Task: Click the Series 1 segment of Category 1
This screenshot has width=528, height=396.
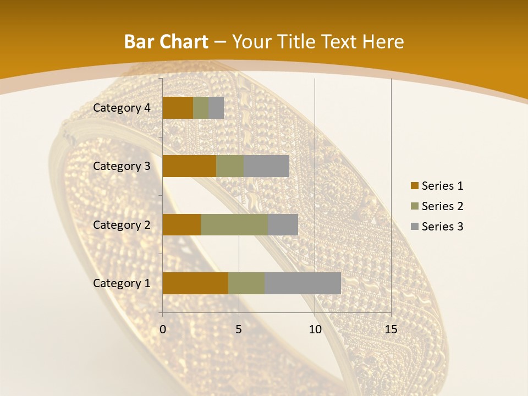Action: (195, 283)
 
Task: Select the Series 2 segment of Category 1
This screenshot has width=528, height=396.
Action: (246, 283)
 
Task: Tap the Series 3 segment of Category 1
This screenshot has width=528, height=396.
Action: (302, 283)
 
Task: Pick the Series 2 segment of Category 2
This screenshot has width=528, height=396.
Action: (234, 224)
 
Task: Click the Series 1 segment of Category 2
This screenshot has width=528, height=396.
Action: (182, 224)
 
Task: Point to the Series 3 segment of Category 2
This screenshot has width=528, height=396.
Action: (283, 224)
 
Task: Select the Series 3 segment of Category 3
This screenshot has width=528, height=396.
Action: (266, 166)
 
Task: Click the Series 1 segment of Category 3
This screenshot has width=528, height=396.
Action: (189, 166)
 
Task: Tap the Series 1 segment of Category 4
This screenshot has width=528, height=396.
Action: (178, 108)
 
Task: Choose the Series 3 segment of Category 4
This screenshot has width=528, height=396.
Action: (216, 108)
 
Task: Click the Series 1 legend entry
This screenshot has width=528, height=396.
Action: (437, 186)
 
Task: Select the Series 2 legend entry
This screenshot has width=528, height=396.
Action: (437, 206)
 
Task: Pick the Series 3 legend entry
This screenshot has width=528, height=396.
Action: (437, 227)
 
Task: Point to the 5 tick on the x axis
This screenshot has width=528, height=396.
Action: (239, 329)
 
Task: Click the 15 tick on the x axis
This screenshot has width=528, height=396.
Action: (391, 329)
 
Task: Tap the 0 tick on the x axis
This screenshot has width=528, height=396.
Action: (163, 329)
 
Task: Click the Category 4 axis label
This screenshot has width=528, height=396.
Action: (122, 108)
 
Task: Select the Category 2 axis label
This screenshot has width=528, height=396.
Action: (122, 224)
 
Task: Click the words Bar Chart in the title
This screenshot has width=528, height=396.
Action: (166, 42)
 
